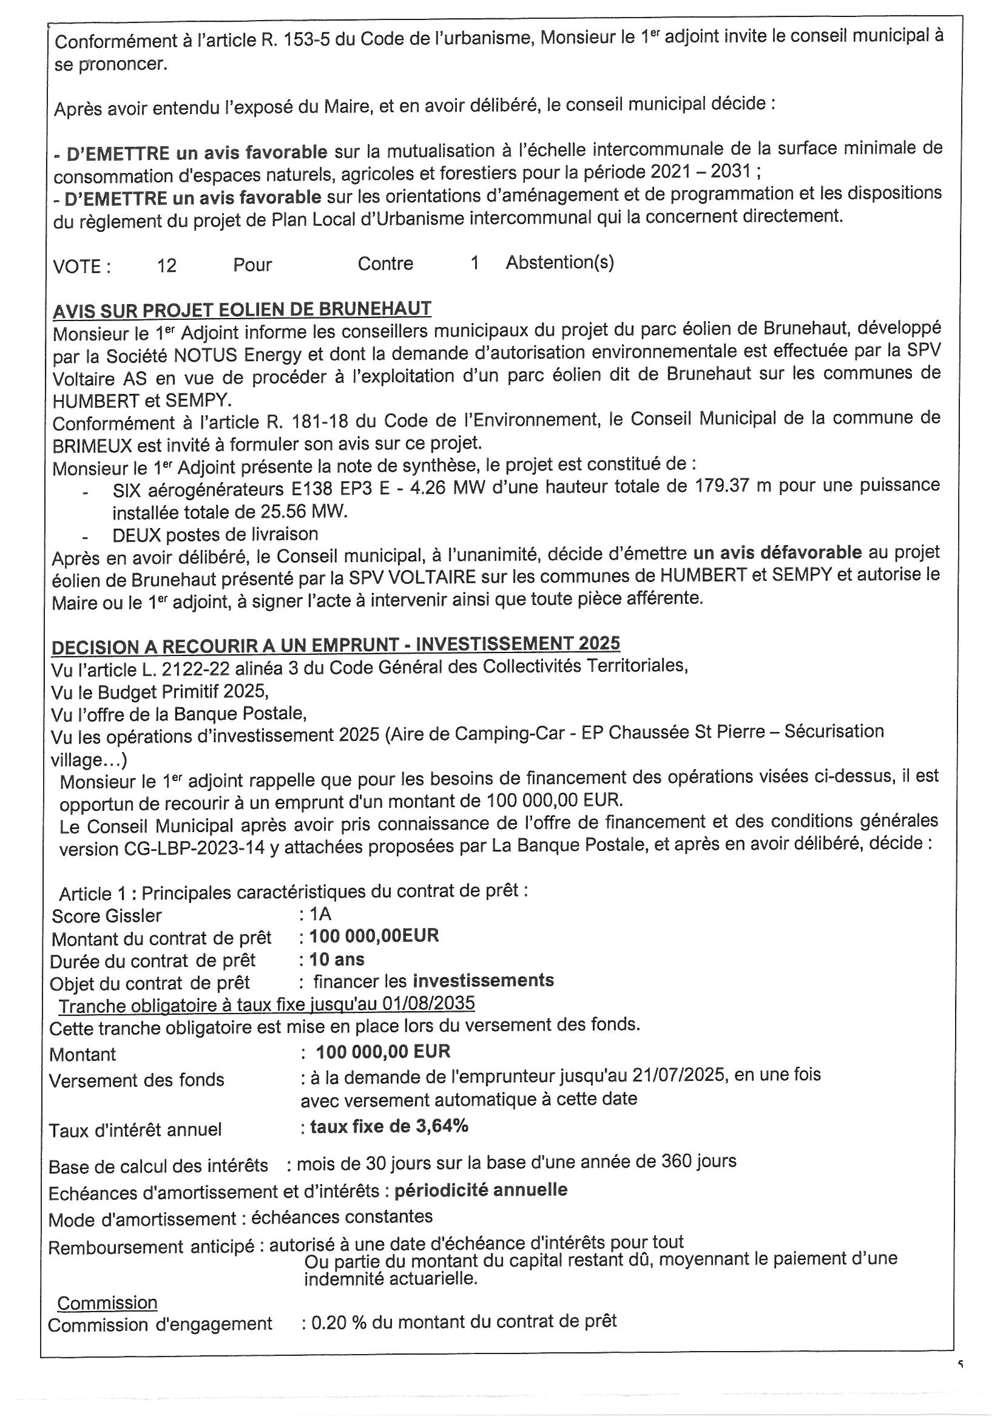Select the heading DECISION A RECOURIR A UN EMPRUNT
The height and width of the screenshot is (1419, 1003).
[336, 645]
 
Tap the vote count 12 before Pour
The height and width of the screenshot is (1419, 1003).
[167, 266]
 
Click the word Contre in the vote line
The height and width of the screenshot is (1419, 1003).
[385, 264]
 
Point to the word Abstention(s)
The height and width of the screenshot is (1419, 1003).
[559, 263]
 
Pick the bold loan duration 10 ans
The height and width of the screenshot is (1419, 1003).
[337, 959]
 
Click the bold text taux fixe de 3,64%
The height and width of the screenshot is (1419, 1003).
[389, 1126]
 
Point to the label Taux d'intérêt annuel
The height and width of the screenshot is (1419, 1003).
[135, 1129]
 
